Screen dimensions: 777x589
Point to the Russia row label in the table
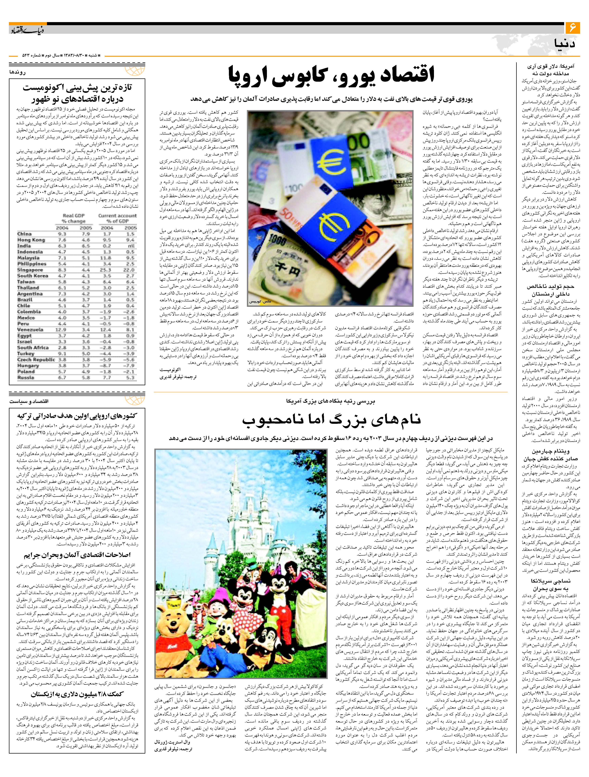tap(25, 378)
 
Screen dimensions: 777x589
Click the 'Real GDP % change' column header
tap(74, 218)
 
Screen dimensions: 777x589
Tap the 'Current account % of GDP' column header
tap(117, 218)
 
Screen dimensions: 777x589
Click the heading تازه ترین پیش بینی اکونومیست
tap(77, 88)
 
